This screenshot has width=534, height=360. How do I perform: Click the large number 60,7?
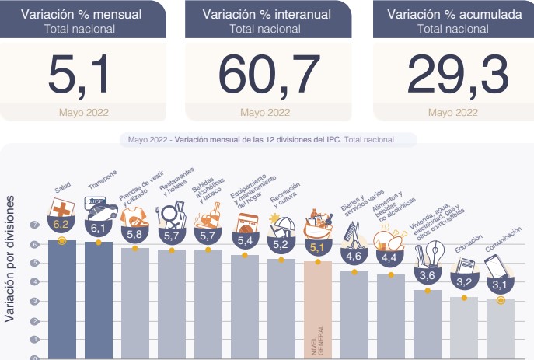[269, 75]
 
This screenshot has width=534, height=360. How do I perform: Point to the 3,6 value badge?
[427, 275]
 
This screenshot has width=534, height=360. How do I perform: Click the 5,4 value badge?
[244, 239]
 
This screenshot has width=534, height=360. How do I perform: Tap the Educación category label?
[469, 244]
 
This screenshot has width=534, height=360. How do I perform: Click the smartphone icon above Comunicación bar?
[497, 266]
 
